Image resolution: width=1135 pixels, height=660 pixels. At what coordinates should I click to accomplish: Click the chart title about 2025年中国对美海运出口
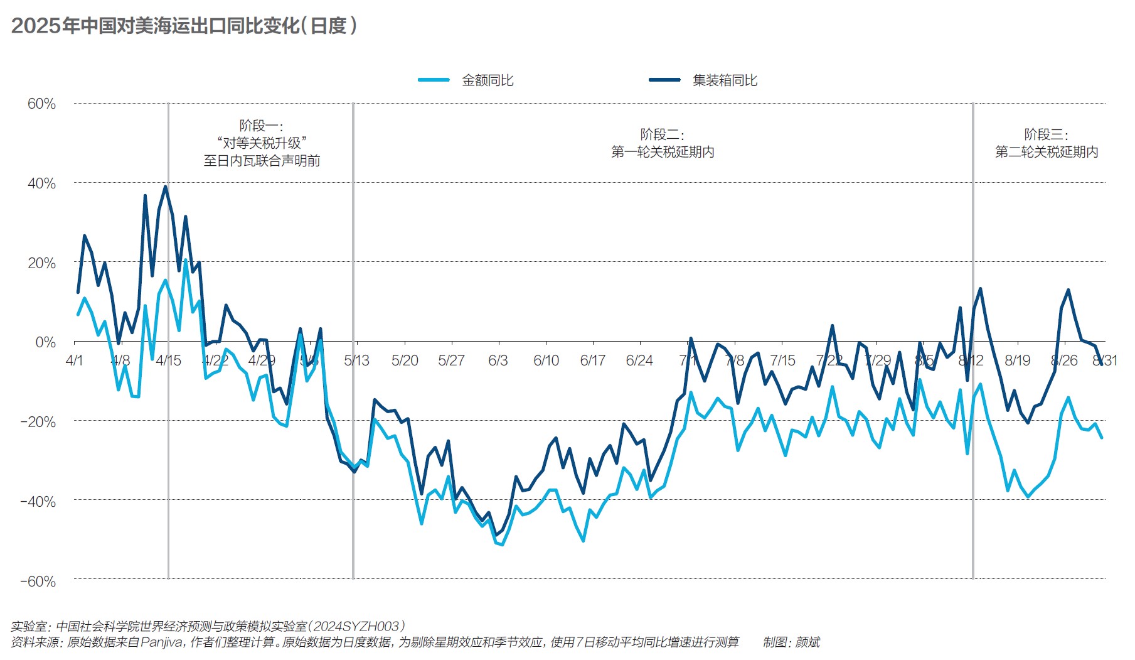point(184,26)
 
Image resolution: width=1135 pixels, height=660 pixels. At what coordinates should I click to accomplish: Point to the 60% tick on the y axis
point(41,104)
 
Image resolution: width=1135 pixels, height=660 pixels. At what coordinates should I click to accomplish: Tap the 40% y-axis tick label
point(41,183)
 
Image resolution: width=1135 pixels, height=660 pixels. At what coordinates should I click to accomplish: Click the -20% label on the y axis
point(38,422)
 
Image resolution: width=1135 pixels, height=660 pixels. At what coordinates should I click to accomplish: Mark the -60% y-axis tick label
point(38,582)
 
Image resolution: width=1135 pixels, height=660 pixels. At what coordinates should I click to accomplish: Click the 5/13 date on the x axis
point(356,360)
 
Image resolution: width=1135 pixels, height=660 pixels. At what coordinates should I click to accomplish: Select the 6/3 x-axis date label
point(498,360)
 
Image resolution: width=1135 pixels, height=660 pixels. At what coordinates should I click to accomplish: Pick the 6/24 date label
point(639,360)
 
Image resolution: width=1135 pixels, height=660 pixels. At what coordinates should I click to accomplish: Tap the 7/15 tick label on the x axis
point(782,360)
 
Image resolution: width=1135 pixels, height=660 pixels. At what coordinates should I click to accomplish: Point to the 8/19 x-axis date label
point(1017,360)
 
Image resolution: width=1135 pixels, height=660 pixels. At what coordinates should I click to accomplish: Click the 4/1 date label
point(74,360)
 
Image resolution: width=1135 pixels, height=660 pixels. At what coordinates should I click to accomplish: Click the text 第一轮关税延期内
point(663,152)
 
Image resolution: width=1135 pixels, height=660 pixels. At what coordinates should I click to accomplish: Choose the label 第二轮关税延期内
point(1047,152)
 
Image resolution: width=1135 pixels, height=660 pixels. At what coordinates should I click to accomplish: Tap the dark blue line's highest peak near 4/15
point(166,187)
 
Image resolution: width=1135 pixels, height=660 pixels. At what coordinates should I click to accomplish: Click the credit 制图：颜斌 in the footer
point(791,642)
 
